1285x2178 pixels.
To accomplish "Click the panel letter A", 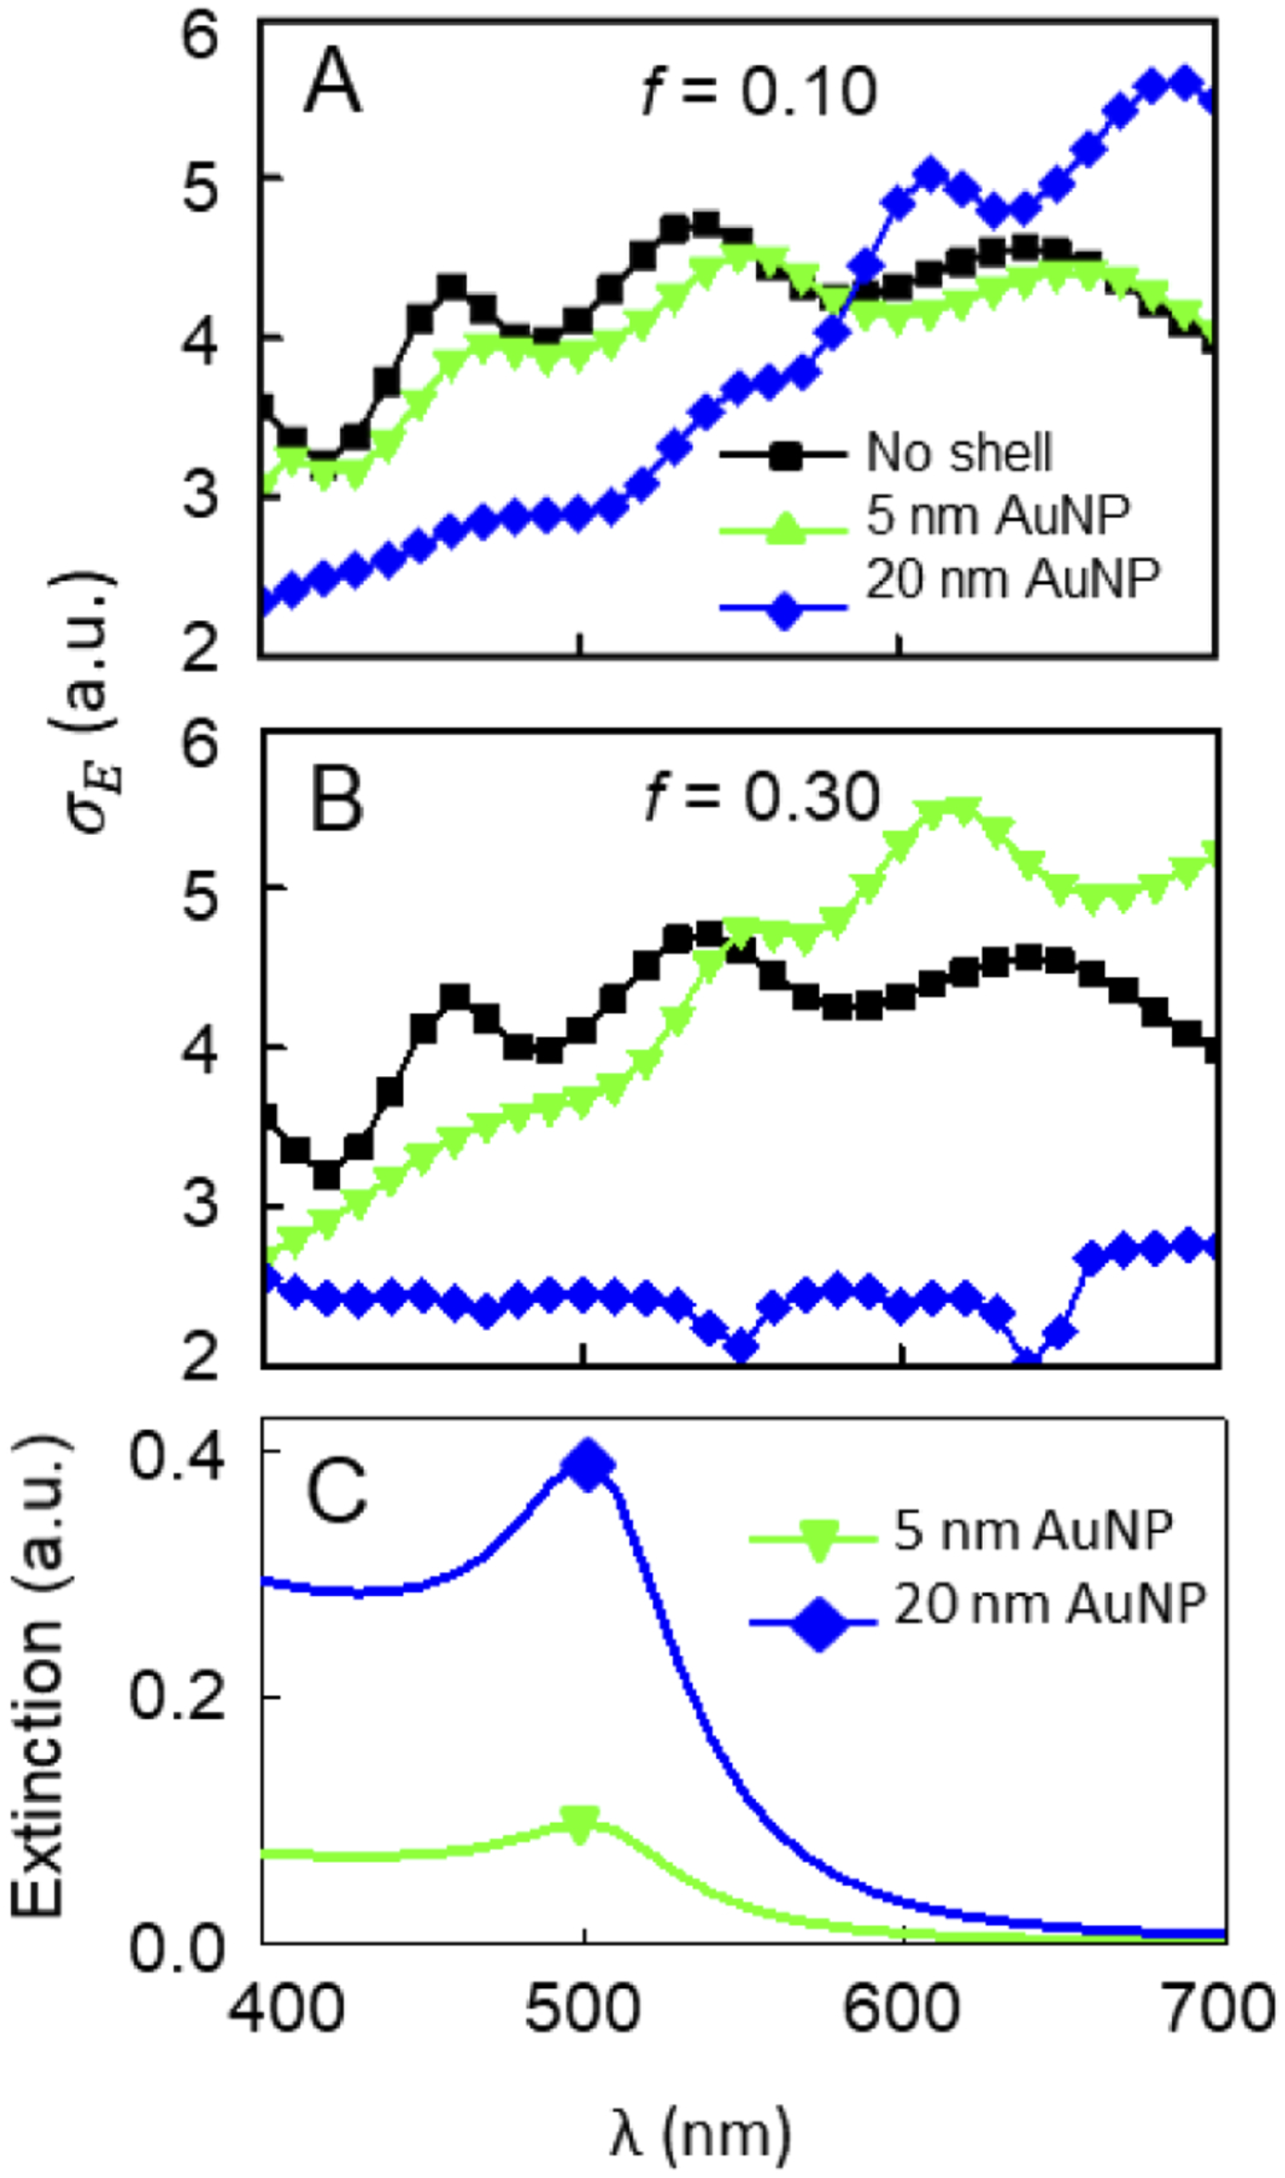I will pos(333,83).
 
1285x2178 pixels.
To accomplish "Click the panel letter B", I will pos(335,800).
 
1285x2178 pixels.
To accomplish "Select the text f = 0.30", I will pos(762,797).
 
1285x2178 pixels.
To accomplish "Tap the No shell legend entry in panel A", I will pos(959,453).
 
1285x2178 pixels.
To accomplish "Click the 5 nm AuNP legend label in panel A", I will pos(998,515).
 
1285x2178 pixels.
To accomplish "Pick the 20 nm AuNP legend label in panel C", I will pos(1050,1602).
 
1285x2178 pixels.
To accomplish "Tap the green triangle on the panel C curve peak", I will pos(580,1824).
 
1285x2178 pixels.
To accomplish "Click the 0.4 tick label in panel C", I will pos(176,1458).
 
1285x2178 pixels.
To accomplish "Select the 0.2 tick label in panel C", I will pos(176,1698).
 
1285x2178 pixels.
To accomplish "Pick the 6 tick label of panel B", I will pos(200,742).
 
